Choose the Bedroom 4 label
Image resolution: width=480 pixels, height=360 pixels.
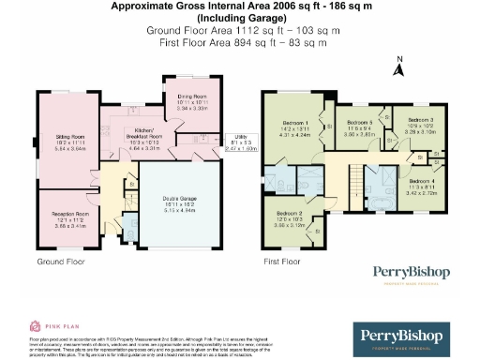tap(420, 181)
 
